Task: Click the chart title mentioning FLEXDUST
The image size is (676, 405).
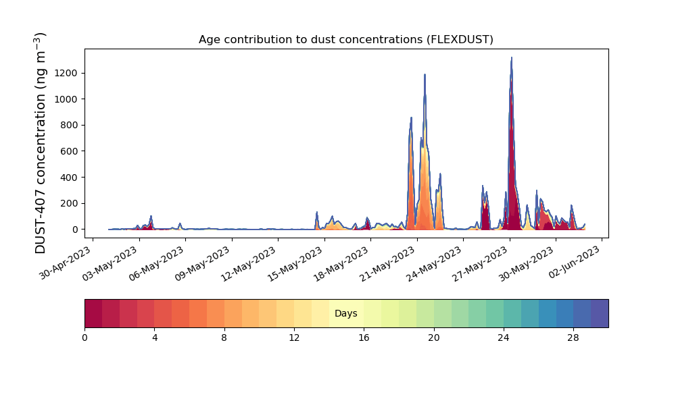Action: [x=345, y=40]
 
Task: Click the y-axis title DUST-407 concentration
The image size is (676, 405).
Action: [x=40, y=143]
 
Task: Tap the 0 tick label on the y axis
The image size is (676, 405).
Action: [x=75, y=230]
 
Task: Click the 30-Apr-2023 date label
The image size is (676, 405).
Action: [x=66, y=263]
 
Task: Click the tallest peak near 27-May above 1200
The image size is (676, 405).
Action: [x=511, y=57]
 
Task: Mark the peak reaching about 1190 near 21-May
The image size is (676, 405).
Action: [x=425, y=75]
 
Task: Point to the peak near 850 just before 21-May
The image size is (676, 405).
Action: [x=411, y=118]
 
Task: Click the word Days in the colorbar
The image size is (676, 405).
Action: [x=345, y=313]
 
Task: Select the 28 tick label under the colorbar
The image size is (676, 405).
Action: [x=573, y=338]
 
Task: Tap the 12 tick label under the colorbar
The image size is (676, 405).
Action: [x=294, y=338]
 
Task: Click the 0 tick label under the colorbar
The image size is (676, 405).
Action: [x=85, y=338]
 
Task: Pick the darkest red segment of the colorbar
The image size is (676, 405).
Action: [x=93, y=313]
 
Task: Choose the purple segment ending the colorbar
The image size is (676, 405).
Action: [x=600, y=313]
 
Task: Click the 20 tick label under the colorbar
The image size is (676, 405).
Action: [x=434, y=338]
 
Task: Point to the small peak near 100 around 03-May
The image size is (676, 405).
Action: [x=151, y=217]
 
